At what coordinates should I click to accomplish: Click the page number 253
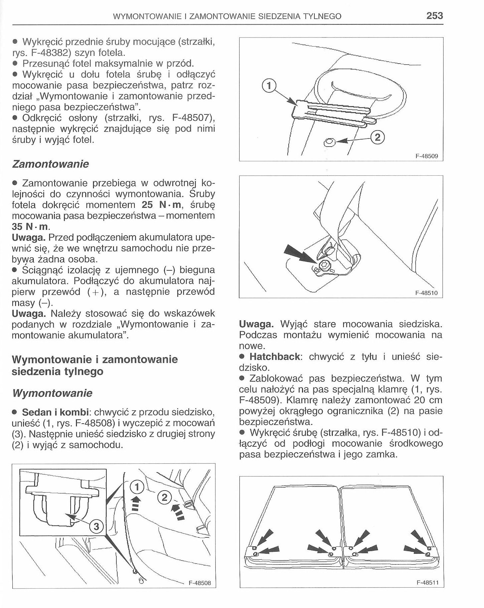(x=434, y=16)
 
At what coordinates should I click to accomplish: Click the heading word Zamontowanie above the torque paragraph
(x=50, y=164)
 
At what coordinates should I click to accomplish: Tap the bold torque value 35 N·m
(x=29, y=227)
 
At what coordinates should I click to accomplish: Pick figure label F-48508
(x=200, y=583)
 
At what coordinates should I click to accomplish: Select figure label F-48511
(x=427, y=583)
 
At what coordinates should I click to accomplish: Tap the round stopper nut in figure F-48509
(x=329, y=143)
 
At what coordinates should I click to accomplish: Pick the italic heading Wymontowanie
(x=52, y=393)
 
